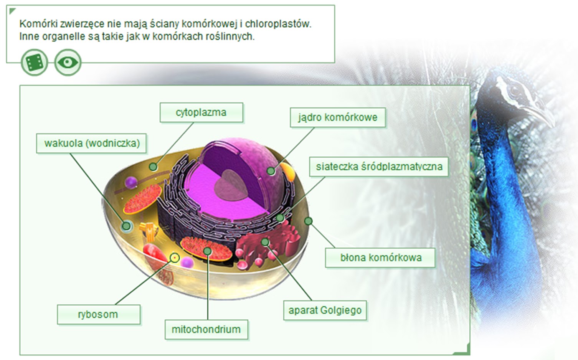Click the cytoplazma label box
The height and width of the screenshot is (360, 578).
[201, 112]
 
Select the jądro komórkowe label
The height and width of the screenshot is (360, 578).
[337, 117]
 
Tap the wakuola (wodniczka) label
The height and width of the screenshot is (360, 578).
[92, 143]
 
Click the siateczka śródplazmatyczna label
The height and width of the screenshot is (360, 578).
[379, 167]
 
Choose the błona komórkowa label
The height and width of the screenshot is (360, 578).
[380, 257]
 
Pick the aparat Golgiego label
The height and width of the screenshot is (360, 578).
[325, 310]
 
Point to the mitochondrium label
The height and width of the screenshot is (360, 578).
[206, 329]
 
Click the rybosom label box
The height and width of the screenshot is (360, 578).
[98, 314]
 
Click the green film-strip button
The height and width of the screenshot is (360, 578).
[35, 62]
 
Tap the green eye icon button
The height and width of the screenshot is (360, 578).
[68, 62]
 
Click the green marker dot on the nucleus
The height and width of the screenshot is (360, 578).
[271, 171]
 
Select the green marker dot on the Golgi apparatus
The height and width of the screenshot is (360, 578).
[265, 241]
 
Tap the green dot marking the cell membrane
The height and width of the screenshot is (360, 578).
[308, 221]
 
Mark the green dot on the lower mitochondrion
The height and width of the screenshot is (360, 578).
[208, 251]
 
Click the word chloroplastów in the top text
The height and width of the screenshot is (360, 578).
[278, 24]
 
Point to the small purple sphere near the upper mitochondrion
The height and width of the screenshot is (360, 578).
[131, 182]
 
